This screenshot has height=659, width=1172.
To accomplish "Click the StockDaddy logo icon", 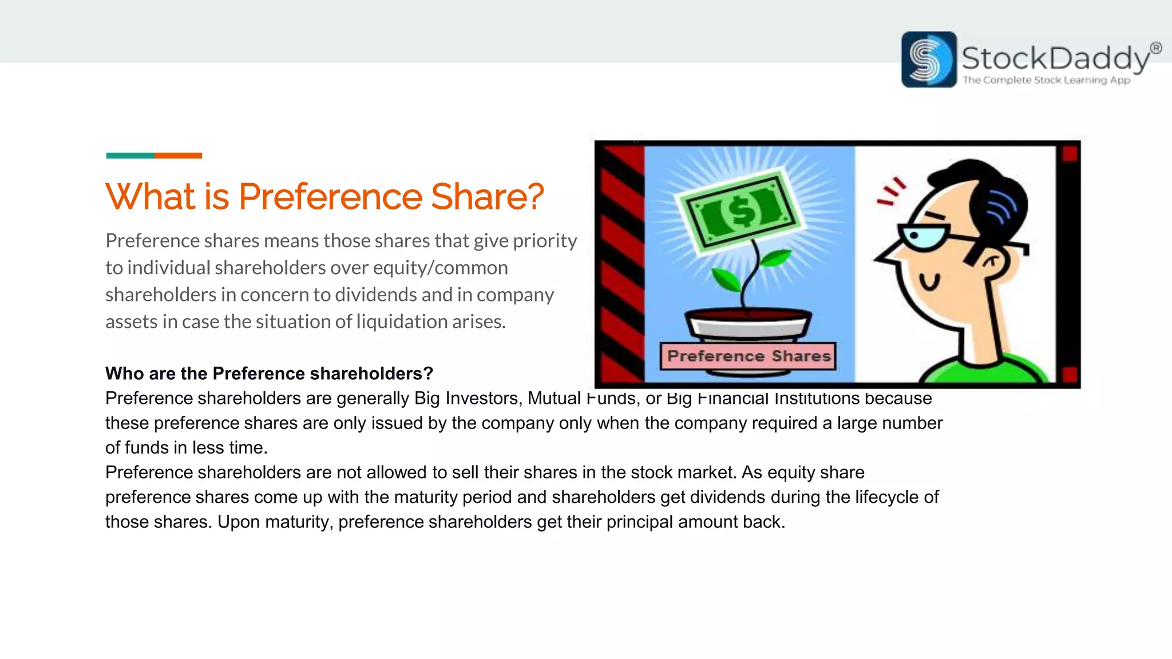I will click(x=928, y=59).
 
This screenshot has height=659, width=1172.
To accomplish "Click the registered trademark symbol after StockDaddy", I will click(x=1155, y=48).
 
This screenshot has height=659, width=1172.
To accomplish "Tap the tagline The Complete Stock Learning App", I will click(x=1046, y=80).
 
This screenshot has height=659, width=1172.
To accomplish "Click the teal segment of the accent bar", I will click(x=130, y=156).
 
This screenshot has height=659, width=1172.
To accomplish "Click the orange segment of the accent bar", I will click(x=178, y=156).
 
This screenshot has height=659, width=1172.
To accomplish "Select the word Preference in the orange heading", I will click(x=330, y=197).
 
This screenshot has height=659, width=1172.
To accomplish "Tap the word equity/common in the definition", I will click(x=440, y=268).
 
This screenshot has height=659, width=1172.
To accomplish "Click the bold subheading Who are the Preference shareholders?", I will click(x=269, y=374).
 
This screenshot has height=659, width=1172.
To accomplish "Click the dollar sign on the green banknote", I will click(x=742, y=211).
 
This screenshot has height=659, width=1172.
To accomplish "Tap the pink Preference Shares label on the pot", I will click(x=748, y=356).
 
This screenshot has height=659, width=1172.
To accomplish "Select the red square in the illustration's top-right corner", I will click(x=1070, y=154).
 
